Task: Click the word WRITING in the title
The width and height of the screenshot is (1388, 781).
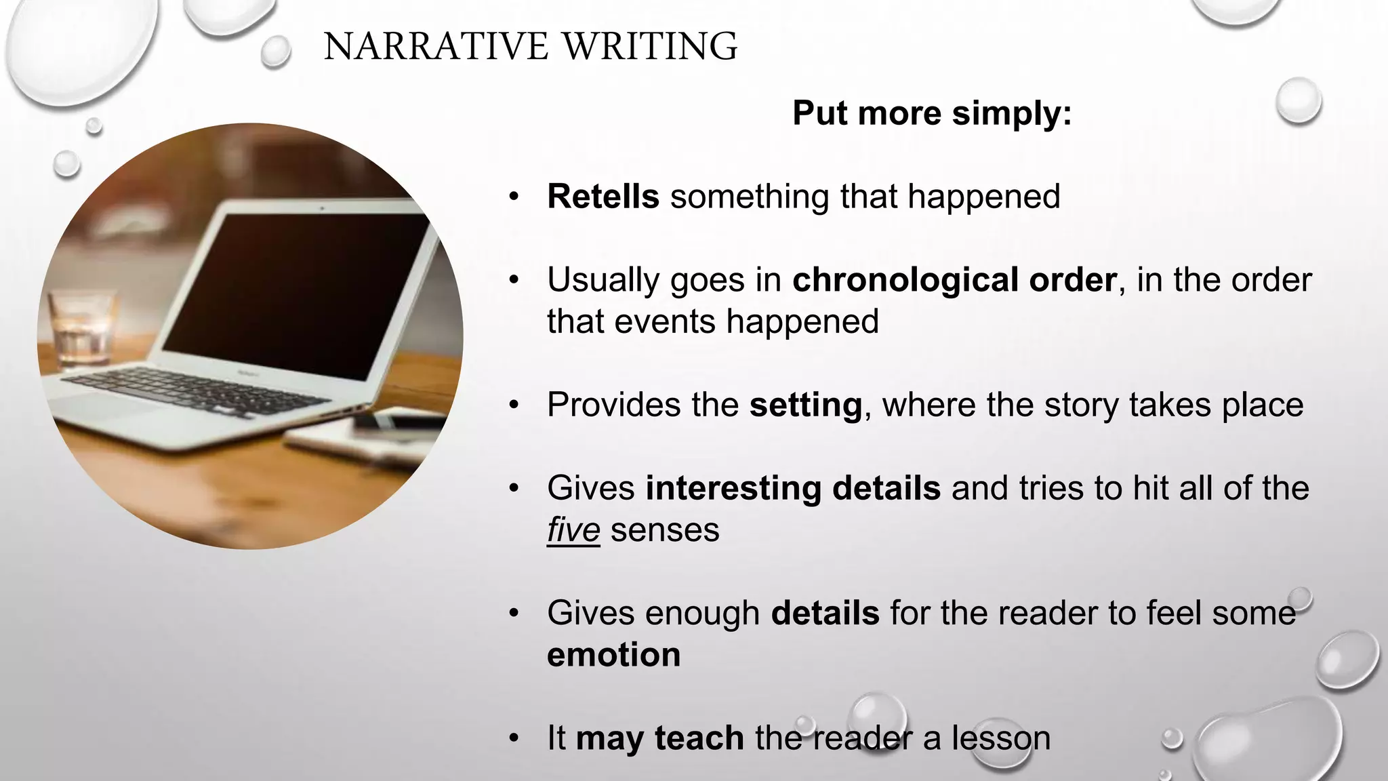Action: tap(650, 47)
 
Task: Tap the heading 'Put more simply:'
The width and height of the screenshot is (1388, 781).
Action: tap(932, 113)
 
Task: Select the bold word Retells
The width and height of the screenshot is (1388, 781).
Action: tap(603, 197)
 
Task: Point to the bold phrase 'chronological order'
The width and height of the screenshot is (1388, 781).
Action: tap(954, 280)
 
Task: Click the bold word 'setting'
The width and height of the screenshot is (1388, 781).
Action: tap(805, 405)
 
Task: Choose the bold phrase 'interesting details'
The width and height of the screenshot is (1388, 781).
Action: tap(793, 488)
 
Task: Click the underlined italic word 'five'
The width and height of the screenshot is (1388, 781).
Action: tap(573, 530)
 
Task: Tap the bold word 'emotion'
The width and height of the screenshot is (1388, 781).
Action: tap(613, 655)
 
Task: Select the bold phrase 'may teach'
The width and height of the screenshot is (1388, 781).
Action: tap(659, 738)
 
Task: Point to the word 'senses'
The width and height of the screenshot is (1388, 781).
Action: tap(665, 530)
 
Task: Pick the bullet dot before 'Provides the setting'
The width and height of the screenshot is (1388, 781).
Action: tap(514, 406)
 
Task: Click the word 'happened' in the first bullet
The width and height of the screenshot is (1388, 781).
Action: tap(983, 197)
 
